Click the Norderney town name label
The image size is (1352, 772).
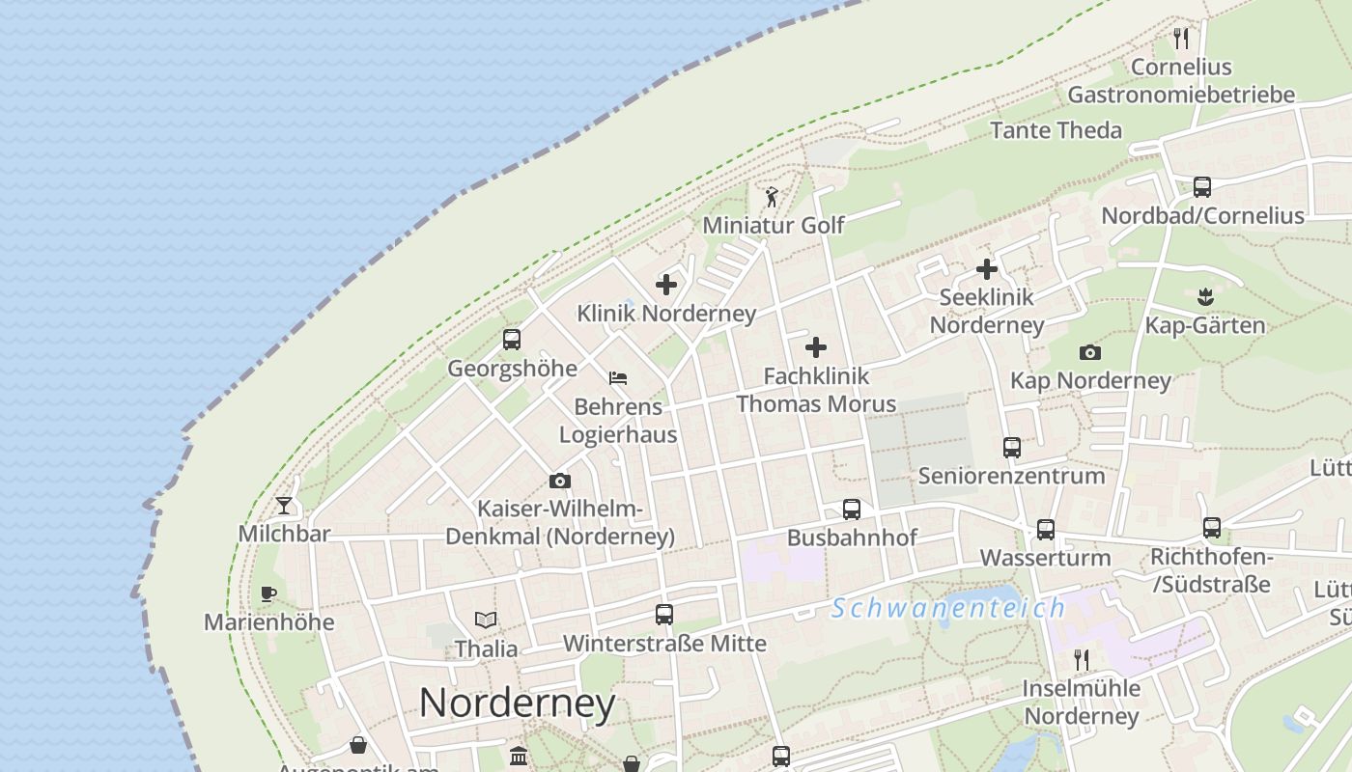517,703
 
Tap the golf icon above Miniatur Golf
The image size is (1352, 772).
771,198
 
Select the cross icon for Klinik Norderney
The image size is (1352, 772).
666,285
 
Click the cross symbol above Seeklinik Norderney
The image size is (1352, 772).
986,269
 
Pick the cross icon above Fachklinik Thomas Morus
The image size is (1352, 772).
816,347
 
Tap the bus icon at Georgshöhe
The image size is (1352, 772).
512,340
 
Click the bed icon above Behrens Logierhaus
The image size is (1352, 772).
618,377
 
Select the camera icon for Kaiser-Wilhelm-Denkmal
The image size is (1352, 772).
559,481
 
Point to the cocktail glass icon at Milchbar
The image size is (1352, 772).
284,505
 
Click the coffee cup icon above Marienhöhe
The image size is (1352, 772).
268,593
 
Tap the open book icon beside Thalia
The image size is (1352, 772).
486,620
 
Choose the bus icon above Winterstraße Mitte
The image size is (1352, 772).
664,614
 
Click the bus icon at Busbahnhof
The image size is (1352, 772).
851,510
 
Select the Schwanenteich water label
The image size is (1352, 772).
948,608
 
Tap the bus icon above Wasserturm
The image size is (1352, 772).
1046,529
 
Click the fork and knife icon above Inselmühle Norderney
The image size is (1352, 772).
1082,660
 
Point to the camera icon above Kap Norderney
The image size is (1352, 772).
1090,352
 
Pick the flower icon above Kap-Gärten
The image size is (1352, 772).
1203,295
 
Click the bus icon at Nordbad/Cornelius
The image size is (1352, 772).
1202,187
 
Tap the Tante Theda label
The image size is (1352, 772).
1056,130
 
